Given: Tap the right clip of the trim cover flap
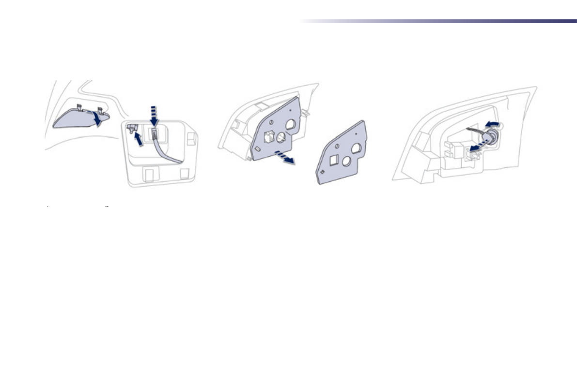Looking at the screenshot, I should (x=101, y=109).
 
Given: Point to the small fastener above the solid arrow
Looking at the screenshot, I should (x=131, y=129).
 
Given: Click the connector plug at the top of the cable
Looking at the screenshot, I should (x=154, y=133).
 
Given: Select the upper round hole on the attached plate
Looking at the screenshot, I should (x=291, y=124).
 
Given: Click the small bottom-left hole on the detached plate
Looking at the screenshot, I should (x=322, y=171).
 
